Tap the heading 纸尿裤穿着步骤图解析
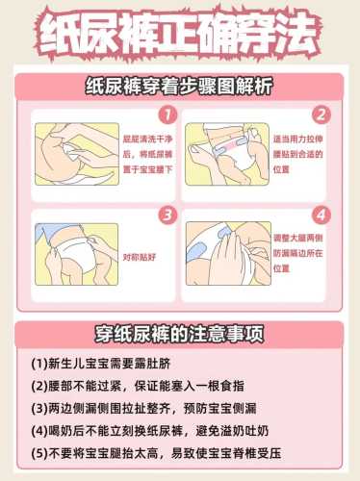pos(179,87)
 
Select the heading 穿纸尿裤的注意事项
pos(179,334)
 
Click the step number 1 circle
pos(167,114)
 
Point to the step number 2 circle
pos(321,114)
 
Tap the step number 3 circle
pos(167,215)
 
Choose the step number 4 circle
pos(321,215)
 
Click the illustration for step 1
pos(77,154)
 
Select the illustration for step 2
pos(227,154)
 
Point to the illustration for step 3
pos(77,254)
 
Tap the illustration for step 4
pos(228,253)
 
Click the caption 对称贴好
pos(140,257)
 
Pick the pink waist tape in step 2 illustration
pos(230,144)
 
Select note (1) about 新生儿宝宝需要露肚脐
pos(101,364)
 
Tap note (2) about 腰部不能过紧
pos(138,386)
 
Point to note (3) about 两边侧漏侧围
pos(143,409)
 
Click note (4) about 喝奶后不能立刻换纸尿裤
pos(150,431)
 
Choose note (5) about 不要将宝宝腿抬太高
pos(156,453)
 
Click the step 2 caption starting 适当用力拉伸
pos(298,154)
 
